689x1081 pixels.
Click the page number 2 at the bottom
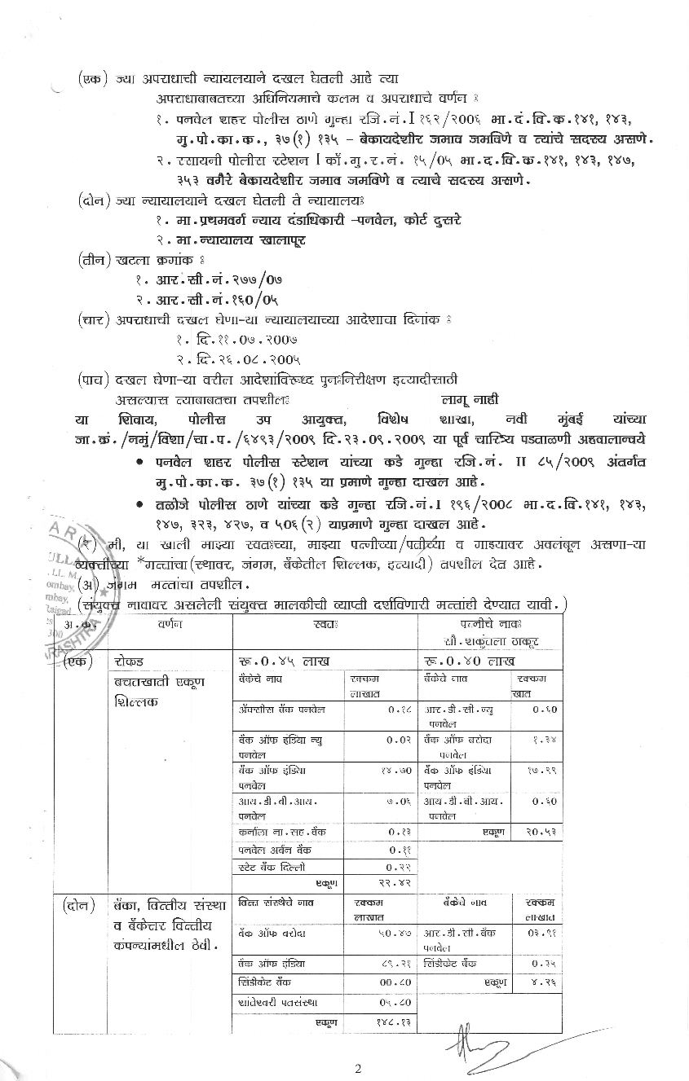357,1068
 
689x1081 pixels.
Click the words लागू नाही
469,398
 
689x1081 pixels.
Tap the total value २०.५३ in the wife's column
541,832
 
